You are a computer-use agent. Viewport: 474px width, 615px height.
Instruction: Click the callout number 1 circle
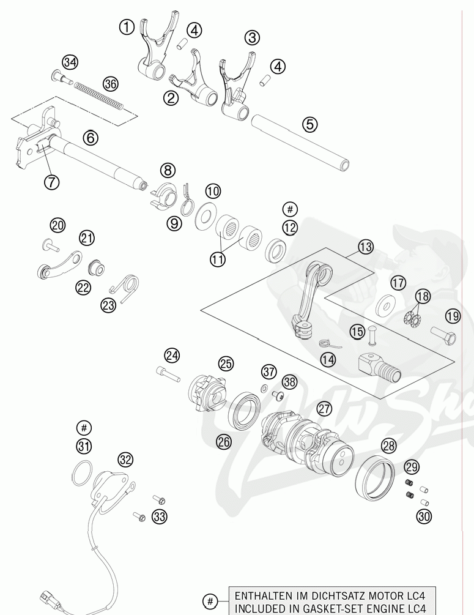point(127,27)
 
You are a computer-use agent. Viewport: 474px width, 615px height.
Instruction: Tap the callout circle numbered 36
point(110,83)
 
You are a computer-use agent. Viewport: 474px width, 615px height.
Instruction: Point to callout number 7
point(51,181)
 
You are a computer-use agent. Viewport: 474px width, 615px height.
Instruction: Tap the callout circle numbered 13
point(365,247)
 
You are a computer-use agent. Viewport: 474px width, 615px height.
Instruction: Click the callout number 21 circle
point(87,237)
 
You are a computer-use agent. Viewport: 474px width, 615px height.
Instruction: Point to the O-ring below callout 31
point(82,473)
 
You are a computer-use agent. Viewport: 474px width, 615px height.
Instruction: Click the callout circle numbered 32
point(125,459)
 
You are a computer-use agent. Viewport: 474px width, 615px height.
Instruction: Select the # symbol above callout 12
point(290,209)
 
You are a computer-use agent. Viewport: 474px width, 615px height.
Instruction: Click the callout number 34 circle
point(70,62)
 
